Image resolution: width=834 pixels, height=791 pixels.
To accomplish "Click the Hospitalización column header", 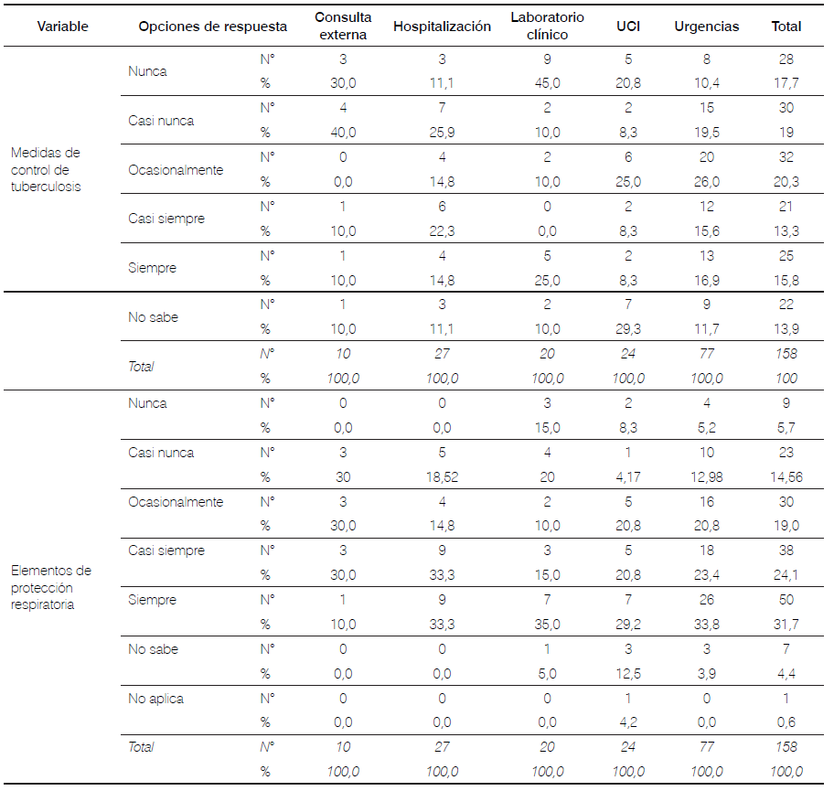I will pyautogui.click(x=442, y=27).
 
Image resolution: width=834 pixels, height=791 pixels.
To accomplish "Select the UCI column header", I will pyautogui.click(x=627, y=27).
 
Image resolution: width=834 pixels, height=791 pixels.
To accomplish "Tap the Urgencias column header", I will pyautogui.click(x=707, y=27).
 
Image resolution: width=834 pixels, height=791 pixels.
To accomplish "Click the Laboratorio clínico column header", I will pyautogui.click(x=547, y=27).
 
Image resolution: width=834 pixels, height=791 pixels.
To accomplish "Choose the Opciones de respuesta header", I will pyautogui.click(x=212, y=27).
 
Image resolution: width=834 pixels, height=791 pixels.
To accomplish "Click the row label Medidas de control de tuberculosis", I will pyautogui.click(x=46, y=170).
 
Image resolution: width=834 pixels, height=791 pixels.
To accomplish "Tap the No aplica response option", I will pyautogui.click(x=155, y=699).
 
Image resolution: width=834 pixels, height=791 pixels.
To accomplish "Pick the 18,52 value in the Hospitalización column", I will pyautogui.click(x=442, y=477).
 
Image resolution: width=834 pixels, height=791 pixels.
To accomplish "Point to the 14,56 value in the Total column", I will pyautogui.click(x=786, y=477).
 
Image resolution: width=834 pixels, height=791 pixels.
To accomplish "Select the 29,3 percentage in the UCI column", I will pyautogui.click(x=627, y=329).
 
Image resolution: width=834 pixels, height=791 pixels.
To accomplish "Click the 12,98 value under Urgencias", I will pyautogui.click(x=707, y=477).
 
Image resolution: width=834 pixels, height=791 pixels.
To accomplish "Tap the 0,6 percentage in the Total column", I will pyautogui.click(x=786, y=723).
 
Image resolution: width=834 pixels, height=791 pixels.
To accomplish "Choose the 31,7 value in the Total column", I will pyautogui.click(x=786, y=625).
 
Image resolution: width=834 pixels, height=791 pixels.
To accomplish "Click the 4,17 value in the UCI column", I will pyautogui.click(x=627, y=477).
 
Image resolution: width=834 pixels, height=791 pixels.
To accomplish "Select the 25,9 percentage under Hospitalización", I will pyautogui.click(x=442, y=133).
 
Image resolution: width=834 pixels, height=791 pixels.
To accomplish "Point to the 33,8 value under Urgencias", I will pyautogui.click(x=707, y=625).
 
